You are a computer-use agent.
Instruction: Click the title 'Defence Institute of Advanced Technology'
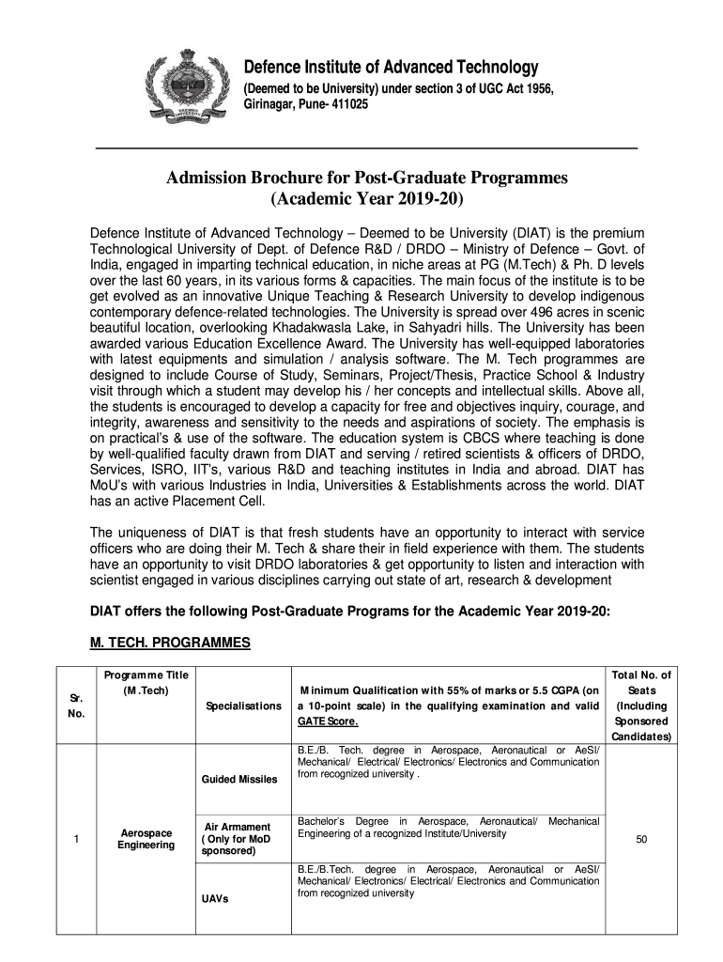(x=392, y=68)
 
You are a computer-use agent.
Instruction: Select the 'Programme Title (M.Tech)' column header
(x=146, y=683)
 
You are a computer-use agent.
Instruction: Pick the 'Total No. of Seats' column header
(x=641, y=706)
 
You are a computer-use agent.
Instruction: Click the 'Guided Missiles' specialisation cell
(x=238, y=779)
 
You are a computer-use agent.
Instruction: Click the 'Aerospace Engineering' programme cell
(x=146, y=839)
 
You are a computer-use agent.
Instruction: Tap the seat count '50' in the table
(x=641, y=840)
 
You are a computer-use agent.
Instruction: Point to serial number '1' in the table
(x=74, y=840)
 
